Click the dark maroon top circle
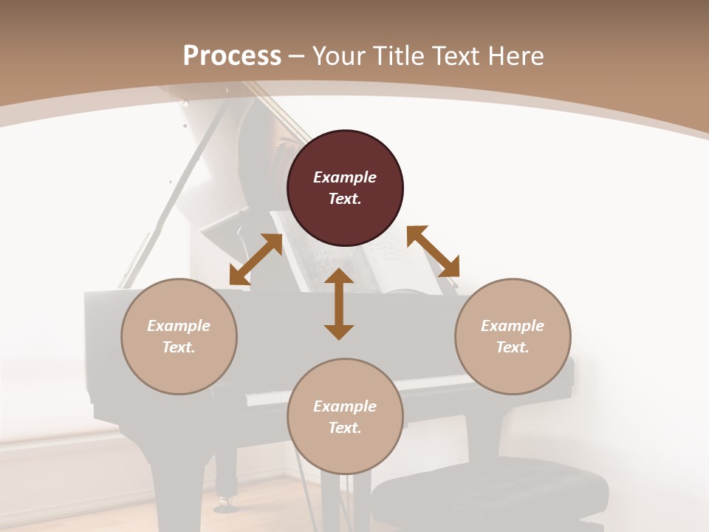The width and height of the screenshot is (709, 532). click(x=345, y=188)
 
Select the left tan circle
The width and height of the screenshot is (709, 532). click(x=179, y=336)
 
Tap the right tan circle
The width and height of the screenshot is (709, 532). click(x=513, y=336)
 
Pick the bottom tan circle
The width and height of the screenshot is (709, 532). click(x=345, y=417)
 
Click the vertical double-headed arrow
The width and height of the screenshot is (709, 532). click(x=339, y=304)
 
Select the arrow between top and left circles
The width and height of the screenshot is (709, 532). click(x=256, y=259)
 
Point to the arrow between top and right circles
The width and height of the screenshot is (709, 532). click(x=433, y=251)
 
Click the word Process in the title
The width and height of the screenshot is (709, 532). click(x=232, y=56)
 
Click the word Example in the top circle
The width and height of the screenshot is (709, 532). click(x=345, y=177)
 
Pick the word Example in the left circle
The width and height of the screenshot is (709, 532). click(x=179, y=326)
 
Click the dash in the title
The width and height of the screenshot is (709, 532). click(x=297, y=56)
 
